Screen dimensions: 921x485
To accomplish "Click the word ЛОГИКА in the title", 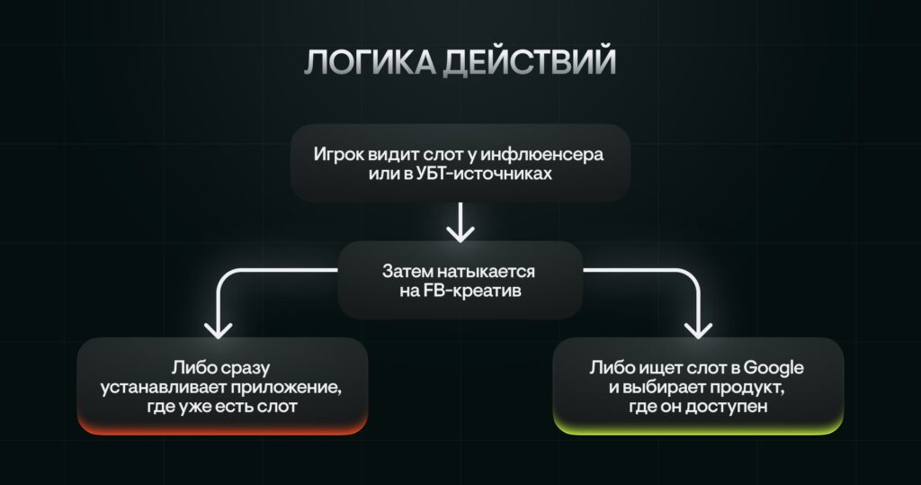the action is coord(370,62).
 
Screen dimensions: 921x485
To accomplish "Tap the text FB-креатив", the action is coord(472,291).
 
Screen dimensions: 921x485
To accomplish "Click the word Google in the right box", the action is coord(773,369).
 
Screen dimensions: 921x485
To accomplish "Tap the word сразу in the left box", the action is coord(246,369).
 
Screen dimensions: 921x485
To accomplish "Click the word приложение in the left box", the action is coord(286,389).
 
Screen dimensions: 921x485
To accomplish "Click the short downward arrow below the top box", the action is coord(460,222).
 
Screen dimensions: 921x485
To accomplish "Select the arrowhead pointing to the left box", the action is coord(218,330).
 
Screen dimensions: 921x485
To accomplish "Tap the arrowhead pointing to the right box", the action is coord(698,330).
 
